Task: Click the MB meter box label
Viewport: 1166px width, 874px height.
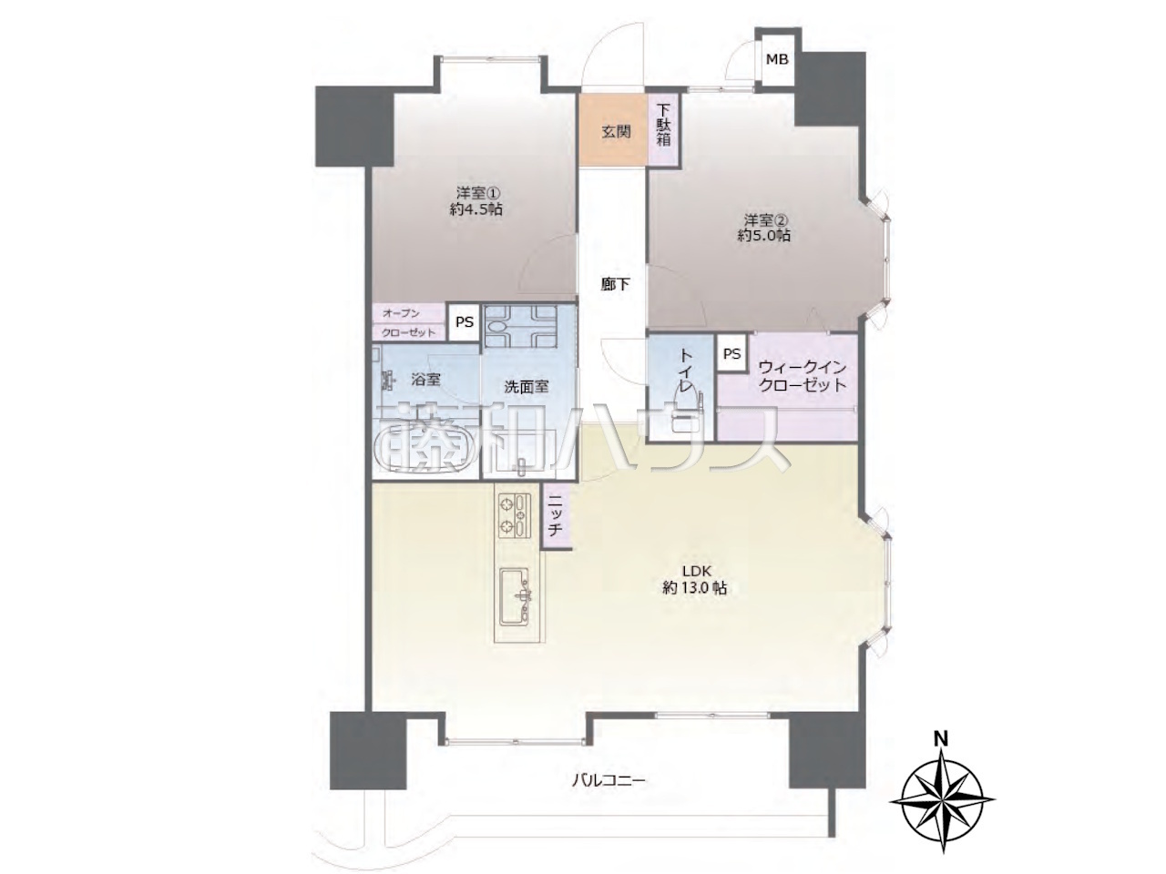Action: (x=777, y=59)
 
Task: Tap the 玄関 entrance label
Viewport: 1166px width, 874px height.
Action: (x=616, y=132)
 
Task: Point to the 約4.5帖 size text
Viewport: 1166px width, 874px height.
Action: (x=476, y=209)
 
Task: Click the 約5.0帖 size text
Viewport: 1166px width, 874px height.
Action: (x=763, y=236)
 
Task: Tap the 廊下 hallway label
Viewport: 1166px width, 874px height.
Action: (x=615, y=285)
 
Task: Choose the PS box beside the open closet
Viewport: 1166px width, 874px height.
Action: (x=465, y=322)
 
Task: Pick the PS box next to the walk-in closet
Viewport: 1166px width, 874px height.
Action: (x=731, y=353)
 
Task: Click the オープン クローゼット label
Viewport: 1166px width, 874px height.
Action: (x=408, y=322)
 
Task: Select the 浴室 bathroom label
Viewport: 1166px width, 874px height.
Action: (x=425, y=380)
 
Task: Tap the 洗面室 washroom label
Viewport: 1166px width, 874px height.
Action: (x=526, y=388)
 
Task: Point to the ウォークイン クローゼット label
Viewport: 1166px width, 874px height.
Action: (x=803, y=376)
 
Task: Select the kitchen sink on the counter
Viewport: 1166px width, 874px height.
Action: (x=515, y=596)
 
